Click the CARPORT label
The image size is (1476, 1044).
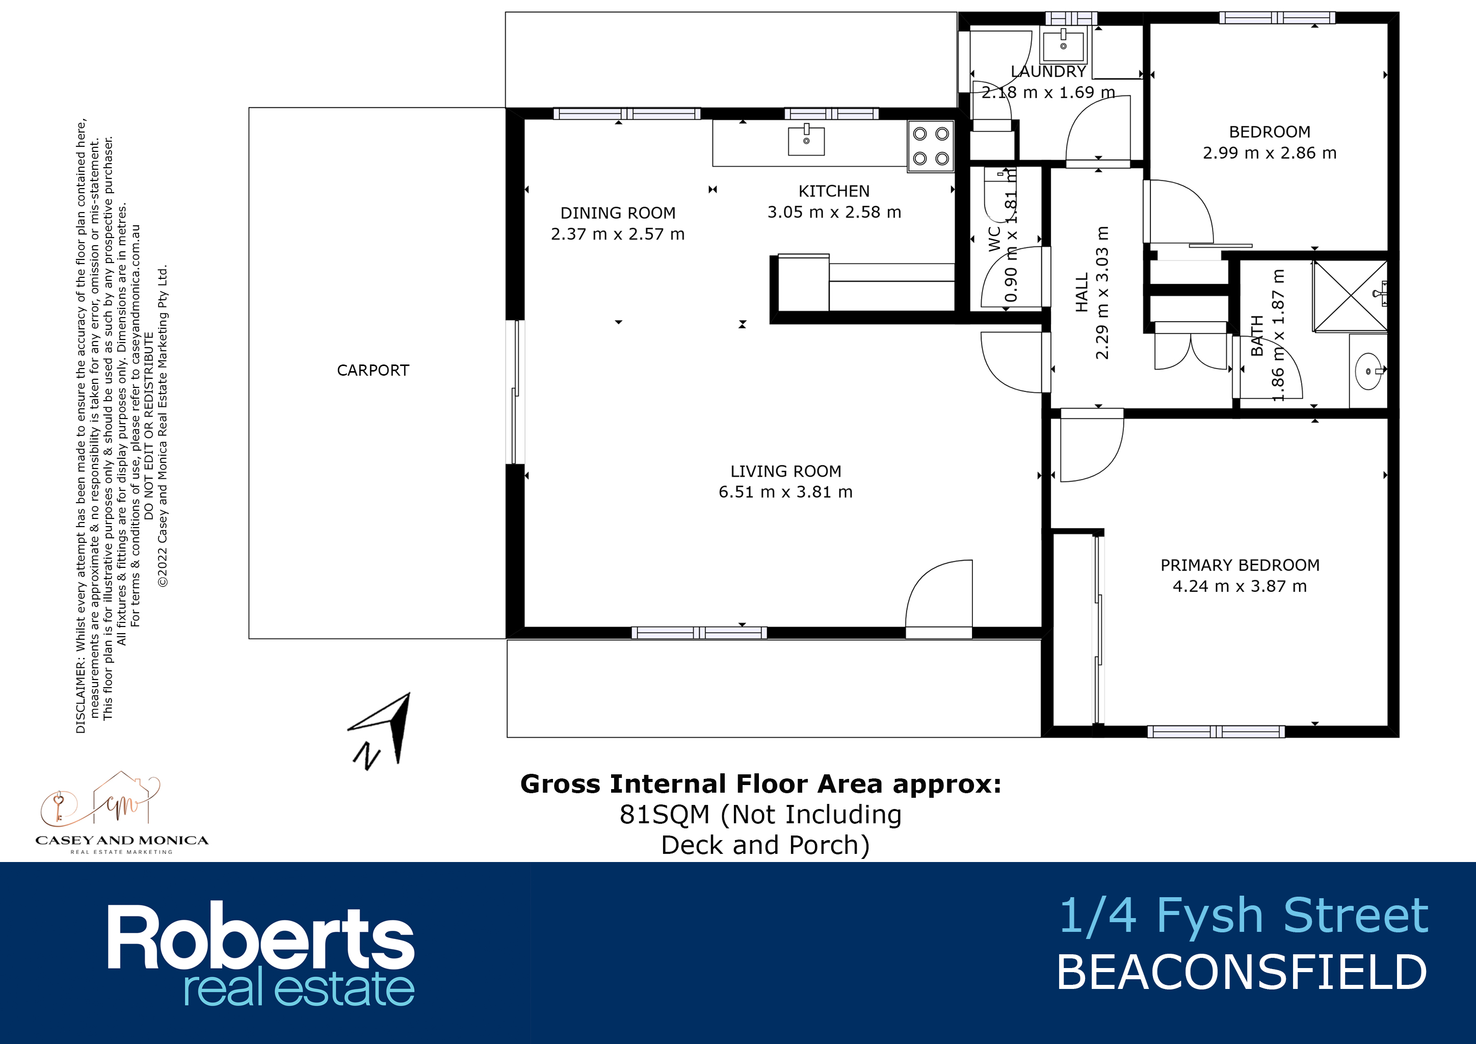click(373, 370)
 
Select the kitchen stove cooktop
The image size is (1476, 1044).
click(930, 146)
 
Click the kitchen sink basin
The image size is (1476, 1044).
click(806, 141)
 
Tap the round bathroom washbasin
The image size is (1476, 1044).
click(1367, 371)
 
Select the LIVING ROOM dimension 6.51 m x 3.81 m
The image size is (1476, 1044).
click(785, 492)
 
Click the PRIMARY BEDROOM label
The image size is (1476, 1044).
click(1240, 565)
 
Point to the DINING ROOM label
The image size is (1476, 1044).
click(618, 213)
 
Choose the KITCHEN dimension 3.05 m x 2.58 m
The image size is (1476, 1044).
click(834, 212)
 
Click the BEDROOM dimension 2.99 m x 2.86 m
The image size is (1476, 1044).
click(1270, 153)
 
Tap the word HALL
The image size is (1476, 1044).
click(1082, 293)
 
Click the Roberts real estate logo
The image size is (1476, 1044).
click(261, 955)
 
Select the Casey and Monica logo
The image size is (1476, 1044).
click(121, 813)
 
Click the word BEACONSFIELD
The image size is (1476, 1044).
click(1242, 973)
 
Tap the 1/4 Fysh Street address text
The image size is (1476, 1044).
click(1243, 916)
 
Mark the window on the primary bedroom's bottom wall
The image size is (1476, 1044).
click(1216, 732)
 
